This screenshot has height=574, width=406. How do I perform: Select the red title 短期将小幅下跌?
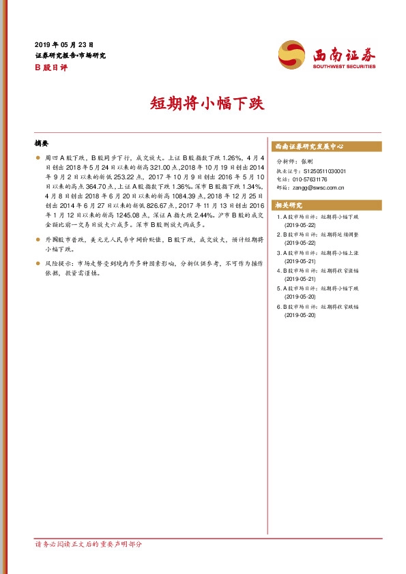coord(203,105)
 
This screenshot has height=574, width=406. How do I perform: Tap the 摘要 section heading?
coord(42,144)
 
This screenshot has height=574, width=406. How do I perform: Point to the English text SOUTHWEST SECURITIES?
coord(344,67)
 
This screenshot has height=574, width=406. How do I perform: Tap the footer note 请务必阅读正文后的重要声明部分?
coord(88,545)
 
